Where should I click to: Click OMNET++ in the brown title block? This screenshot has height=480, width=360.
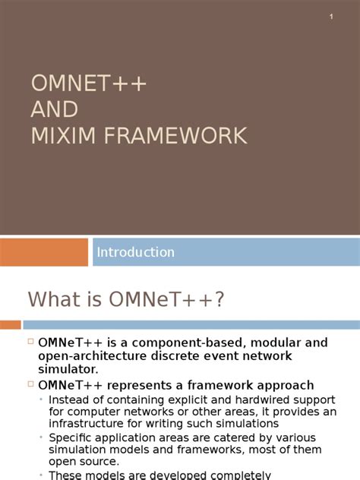[88, 84]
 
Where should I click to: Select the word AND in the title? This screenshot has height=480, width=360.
[54, 110]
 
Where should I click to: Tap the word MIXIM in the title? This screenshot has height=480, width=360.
[64, 136]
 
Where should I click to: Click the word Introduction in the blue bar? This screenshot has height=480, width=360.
[135, 252]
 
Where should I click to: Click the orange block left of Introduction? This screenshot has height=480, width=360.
[44, 252]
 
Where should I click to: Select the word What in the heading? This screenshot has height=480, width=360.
[54, 299]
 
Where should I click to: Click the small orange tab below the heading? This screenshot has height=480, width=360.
[10, 325]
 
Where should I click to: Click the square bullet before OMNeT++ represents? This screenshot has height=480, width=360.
[31, 384]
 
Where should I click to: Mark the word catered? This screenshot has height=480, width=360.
[216, 437]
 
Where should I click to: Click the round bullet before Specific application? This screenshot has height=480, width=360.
[41, 437]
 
